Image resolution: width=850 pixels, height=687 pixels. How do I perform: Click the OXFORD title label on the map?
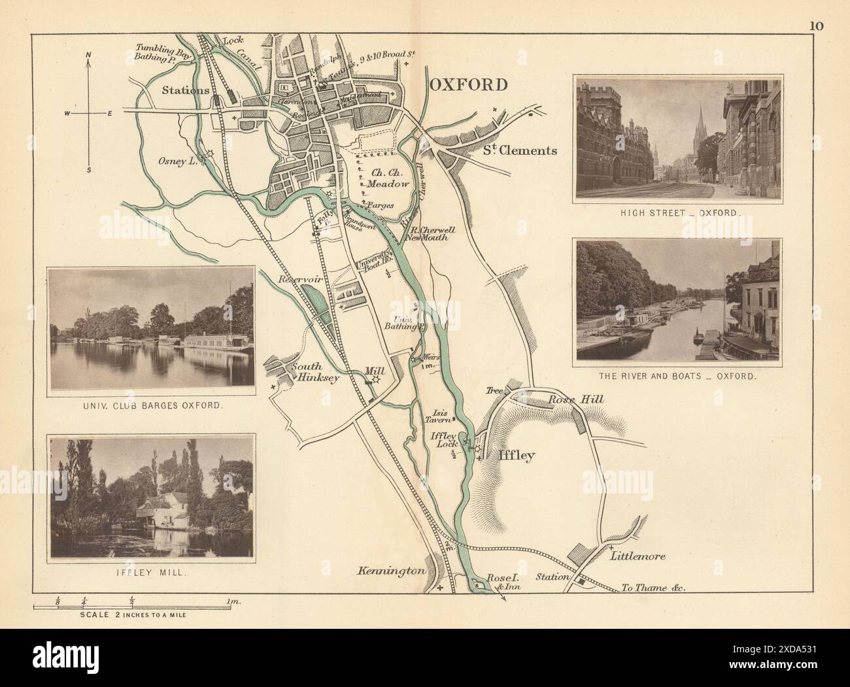pyautogui.click(x=468, y=84)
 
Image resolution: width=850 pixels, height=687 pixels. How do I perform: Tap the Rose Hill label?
pyautogui.click(x=569, y=399)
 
